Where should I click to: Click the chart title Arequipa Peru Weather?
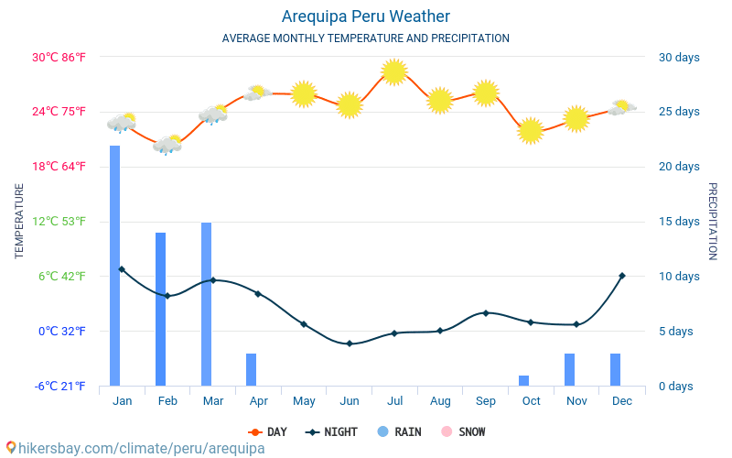365,16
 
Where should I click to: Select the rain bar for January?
115,266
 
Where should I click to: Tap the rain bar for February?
161,309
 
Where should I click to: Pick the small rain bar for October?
524,380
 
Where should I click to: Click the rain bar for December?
616,369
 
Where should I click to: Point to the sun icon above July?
394,71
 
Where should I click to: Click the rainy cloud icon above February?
167,144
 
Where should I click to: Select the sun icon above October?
531,131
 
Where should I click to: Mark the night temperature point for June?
350,343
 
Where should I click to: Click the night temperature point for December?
622,276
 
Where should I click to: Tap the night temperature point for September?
486,313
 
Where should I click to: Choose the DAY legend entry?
267,432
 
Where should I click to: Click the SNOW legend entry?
464,432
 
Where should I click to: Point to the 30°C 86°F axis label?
59,58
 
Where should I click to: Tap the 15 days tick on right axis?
678,222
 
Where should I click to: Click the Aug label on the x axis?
440,401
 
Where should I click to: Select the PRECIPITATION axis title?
712,221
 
